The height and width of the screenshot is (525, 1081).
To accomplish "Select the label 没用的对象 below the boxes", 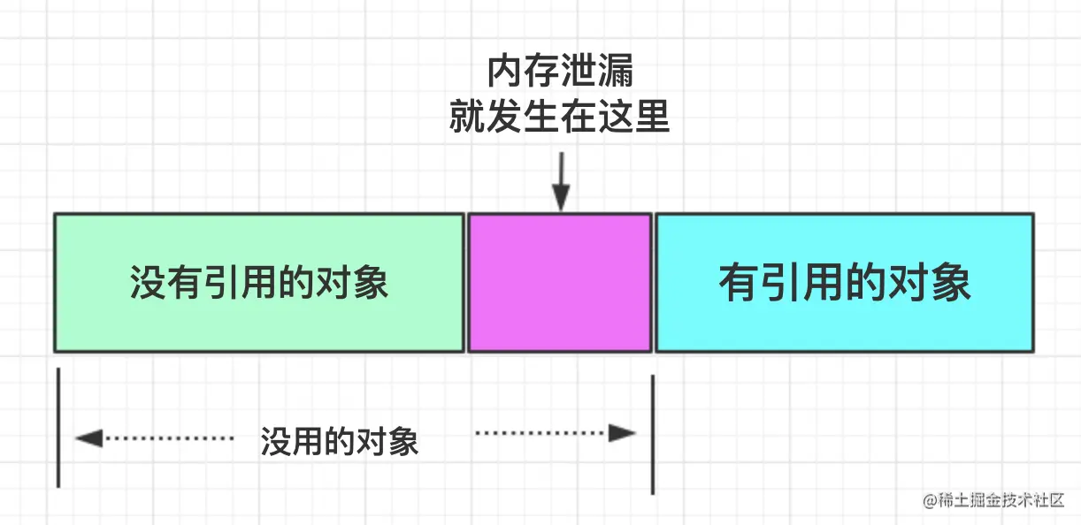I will pyautogui.click(x=340, y=440).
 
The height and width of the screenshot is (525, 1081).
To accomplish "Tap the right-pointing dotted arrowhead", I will pyautogui.click(x=623, y=433).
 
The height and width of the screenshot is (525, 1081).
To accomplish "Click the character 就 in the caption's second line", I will pyautogui.click(x=468, y=116).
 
